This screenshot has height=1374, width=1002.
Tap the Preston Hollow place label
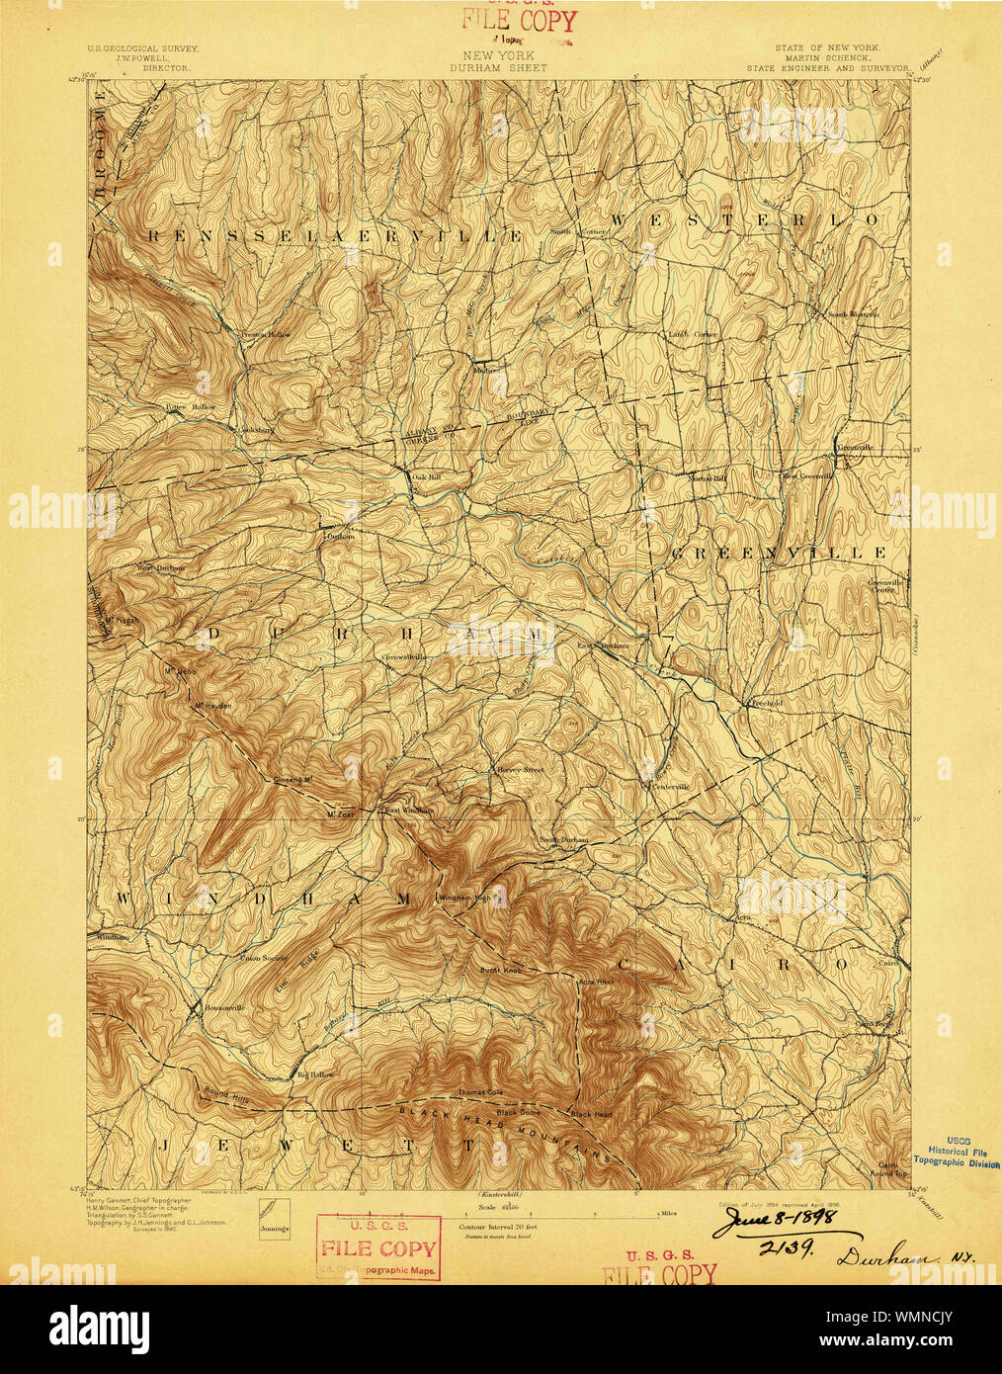(266, 335)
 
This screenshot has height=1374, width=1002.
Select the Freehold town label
(762, 704)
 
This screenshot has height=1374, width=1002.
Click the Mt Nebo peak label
(177, 671)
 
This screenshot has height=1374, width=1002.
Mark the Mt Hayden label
(211, 706)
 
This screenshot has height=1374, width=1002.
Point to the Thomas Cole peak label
(481, 1093)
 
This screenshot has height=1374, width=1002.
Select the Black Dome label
(519, 1112)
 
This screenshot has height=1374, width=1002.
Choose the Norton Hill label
(708, 478)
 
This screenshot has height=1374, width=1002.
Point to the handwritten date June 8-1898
(776, 1221)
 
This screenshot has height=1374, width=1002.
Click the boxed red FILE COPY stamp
(378, 1247)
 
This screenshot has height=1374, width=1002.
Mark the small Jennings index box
(272, 1218)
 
